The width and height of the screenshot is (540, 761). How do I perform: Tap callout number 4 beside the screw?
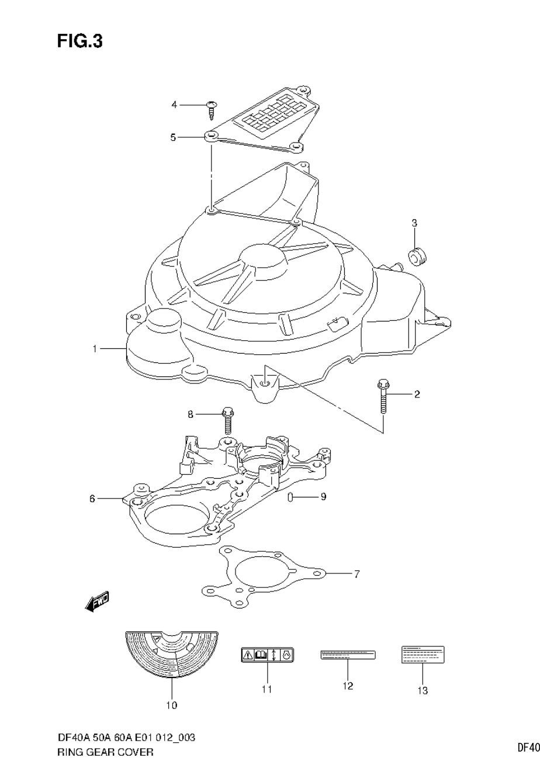click(x=174, y=105)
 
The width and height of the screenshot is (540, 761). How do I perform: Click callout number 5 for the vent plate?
click(x=173, y=137)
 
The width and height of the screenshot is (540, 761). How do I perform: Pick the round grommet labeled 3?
click(x=416, y=255)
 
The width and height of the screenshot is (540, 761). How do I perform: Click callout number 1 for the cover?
click(x=94, y=349)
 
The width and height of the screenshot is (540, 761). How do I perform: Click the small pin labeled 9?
click(x=290, y=497)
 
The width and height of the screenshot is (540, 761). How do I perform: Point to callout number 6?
click(x=92, y=499)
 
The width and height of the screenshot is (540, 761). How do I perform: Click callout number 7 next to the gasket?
click(x=356, y=574)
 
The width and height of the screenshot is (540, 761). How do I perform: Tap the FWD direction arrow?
click(x=96, y=601)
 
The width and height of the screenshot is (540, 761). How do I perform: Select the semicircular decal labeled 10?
click(x=172, y=653)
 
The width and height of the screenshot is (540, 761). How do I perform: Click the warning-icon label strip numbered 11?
click(x=267, y=655)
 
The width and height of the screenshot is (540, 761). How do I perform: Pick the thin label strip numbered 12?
click(x=348, y=655)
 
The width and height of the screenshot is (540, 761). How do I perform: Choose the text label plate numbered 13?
click(x=423, y=655)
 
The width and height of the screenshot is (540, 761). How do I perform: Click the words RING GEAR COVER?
click(x=106, y=752)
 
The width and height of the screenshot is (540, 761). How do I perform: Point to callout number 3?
click(x=414, y=223)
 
